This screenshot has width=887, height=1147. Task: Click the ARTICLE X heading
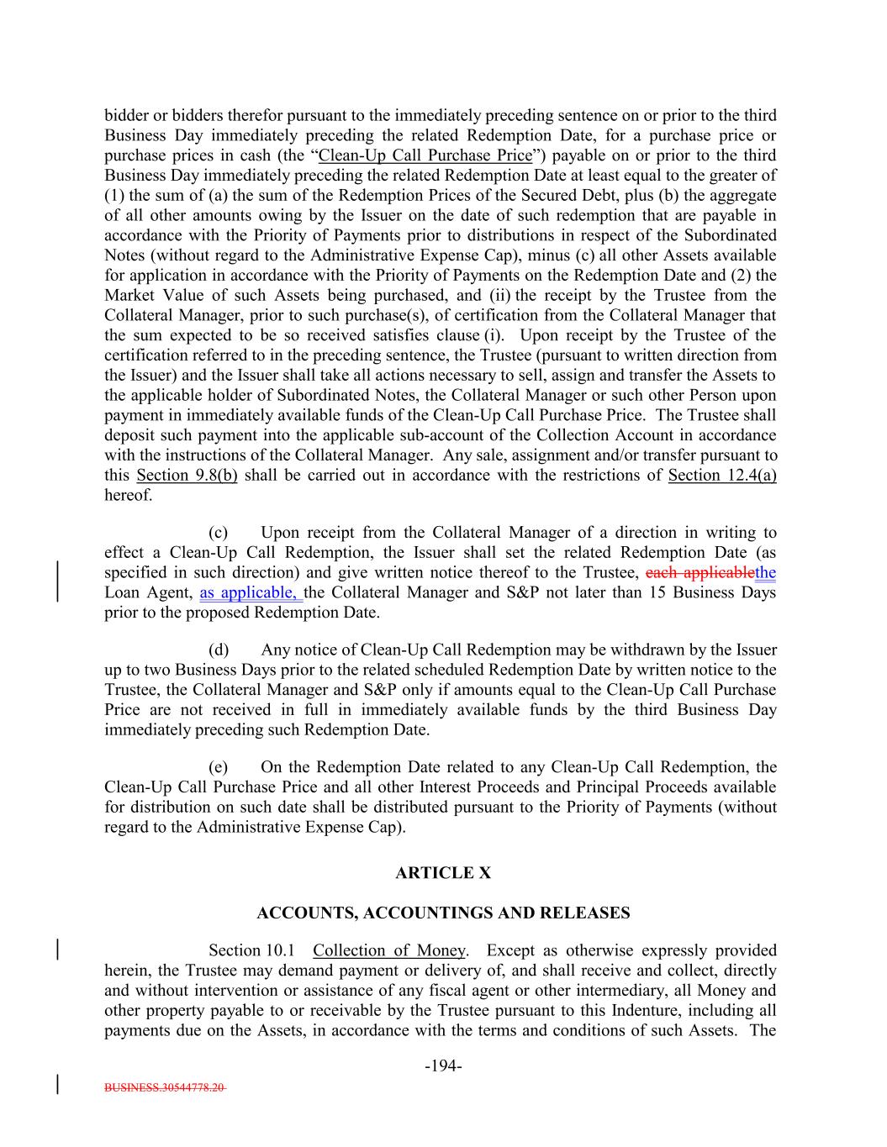tap(442, 873)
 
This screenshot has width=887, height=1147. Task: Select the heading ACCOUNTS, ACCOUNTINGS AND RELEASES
tap(442, 913)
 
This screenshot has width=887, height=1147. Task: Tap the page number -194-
tap(443, 1066)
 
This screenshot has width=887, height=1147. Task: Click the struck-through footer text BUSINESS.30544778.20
tap(165, 1086)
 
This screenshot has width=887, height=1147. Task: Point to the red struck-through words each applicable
tap(700, 573)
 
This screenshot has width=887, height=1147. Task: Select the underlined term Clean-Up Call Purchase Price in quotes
tap(425, 155)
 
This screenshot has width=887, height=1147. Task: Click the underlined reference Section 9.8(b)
tap(187, 476)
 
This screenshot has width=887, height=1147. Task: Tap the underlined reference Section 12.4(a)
tap(722, 476)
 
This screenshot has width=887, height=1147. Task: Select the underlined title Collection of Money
tap(388, 950)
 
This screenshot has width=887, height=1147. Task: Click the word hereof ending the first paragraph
tap(129, 496)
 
